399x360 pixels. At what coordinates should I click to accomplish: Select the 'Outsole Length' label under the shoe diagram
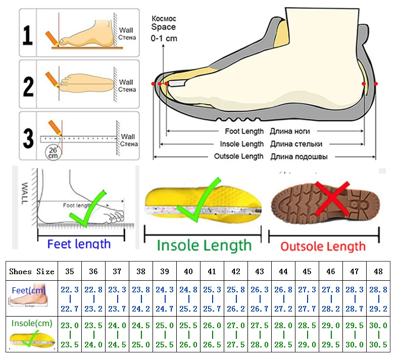coord(239,157)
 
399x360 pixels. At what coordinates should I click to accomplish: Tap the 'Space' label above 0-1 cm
coord(164,27)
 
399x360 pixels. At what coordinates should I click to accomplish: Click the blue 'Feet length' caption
coord(79,244)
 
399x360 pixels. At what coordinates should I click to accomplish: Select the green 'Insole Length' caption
coord(204,245)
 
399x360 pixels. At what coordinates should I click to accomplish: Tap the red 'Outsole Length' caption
coord(323,246)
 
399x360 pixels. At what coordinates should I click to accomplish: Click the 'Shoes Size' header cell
coord(31,272)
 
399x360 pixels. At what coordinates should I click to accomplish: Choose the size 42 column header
coord(236,272)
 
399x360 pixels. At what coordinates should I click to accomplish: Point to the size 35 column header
coord(70,272)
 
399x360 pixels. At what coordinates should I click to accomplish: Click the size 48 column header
coord(378,272)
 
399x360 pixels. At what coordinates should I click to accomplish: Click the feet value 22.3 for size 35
coord(70,290)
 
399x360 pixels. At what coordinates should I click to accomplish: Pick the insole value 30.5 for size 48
coord(378,345)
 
